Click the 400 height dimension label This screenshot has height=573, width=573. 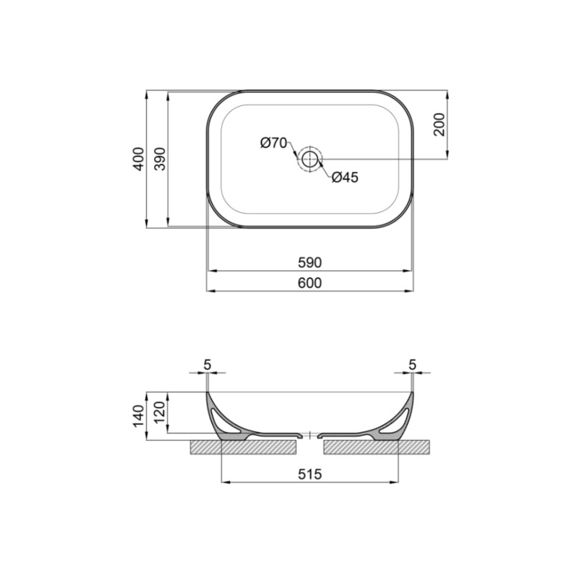point(138,159)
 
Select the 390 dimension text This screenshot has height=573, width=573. point(160,159)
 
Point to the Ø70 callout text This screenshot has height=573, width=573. point(274,143)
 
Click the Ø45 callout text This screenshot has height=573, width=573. point(345,178)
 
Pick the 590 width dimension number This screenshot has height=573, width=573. point(309,262)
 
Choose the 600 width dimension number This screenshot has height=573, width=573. point(309,283)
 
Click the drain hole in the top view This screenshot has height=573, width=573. point(309,159)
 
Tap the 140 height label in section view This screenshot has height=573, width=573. point(138,416)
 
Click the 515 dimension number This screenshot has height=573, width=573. point(309,473)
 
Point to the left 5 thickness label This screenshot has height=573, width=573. point(207,365)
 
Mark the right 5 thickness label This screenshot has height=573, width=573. point(412,365)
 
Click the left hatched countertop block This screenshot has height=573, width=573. point(244,447)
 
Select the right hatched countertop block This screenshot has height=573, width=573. point(377,447)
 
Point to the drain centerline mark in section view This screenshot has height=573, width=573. point(309,434)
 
